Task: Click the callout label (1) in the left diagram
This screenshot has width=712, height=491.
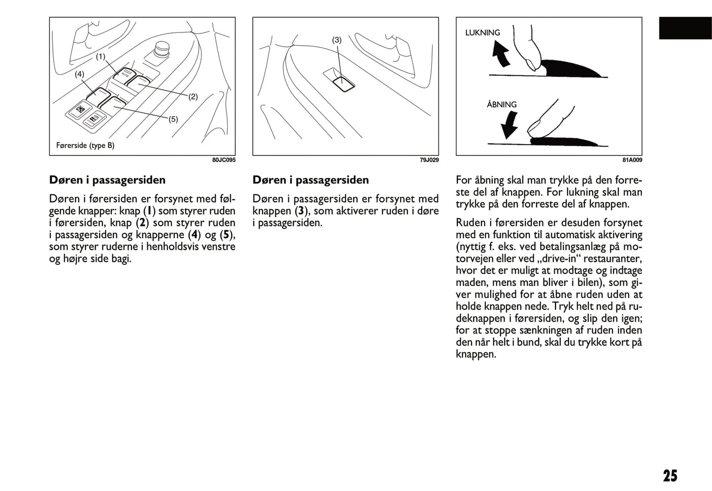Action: (101, 57)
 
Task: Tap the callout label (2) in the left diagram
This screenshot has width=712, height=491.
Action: (193, 96)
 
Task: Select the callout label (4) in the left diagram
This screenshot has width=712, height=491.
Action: (79, 74)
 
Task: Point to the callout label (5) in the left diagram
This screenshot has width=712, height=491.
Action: (173, 119)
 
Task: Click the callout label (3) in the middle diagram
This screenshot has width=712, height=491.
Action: (337, 40)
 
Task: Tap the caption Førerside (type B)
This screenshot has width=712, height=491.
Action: (85, 146)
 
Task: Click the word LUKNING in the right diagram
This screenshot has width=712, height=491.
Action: (482, 33)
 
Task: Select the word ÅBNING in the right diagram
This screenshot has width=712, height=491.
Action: (502, 104)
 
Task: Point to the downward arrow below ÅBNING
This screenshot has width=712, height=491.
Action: (509, 125)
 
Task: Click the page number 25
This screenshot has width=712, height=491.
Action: (670, 476)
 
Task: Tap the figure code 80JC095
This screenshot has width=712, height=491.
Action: (224, 160)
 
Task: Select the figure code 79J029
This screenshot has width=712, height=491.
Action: (429, 160)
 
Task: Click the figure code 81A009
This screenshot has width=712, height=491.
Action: (632, 160)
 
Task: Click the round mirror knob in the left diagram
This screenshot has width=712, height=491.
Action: (162, 49)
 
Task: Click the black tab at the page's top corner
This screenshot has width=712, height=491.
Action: (685, 29)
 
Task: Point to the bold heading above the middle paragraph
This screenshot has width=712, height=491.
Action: (310, 180)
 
